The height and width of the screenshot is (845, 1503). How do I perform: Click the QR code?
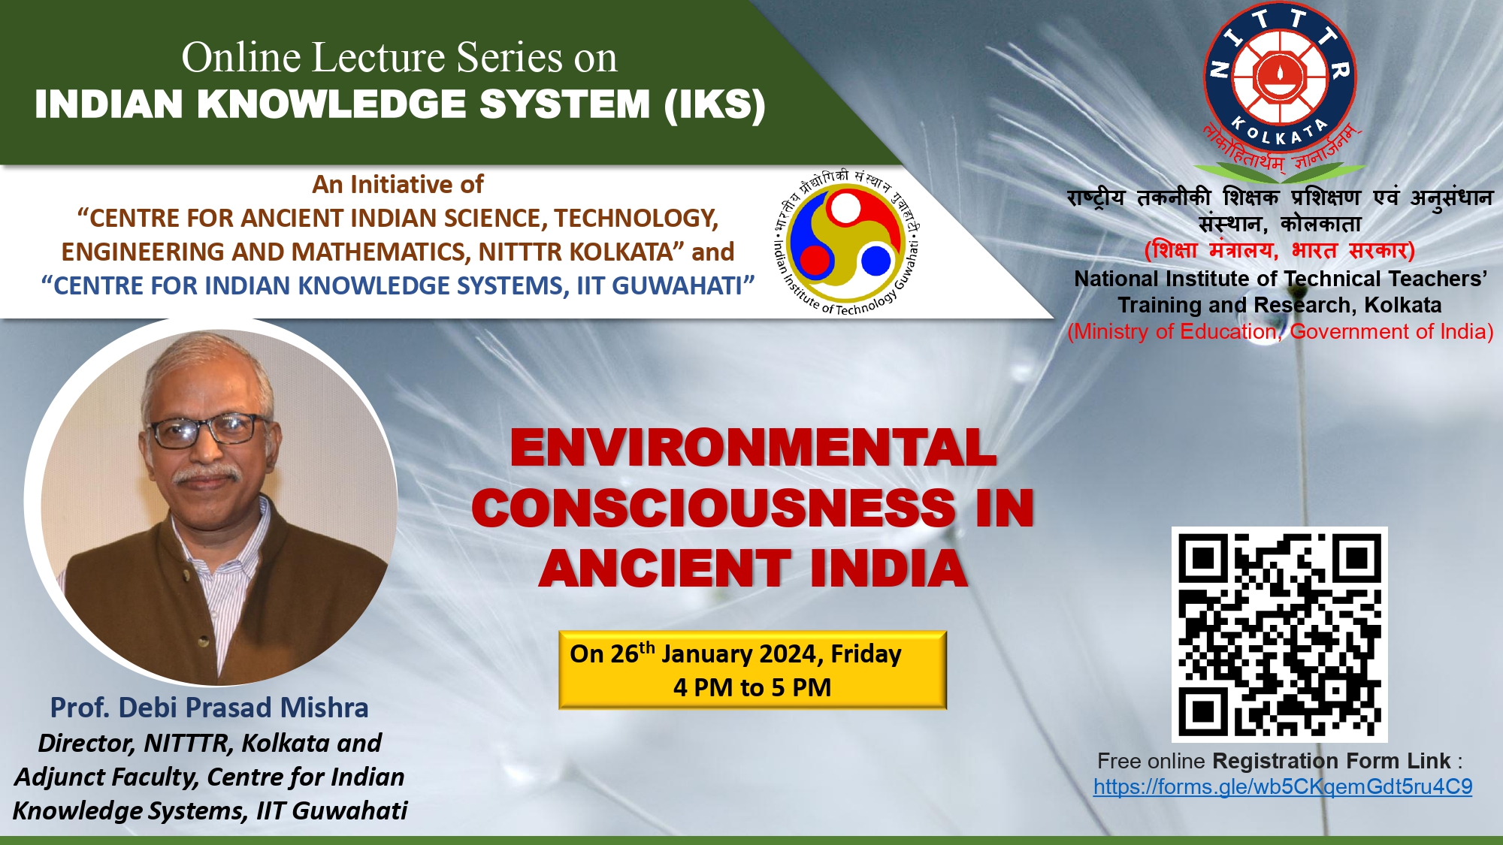[1279, 635]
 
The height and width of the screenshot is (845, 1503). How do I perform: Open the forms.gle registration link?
[1283, 786]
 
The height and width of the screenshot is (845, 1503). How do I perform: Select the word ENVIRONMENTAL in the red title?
[753, 448]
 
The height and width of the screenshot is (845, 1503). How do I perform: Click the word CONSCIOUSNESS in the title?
[714, 508]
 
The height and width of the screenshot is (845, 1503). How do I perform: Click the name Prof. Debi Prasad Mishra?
[209, 708]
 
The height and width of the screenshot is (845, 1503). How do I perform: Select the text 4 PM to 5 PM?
[752, 687]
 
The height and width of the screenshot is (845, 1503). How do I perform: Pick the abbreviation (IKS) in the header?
[715, 104]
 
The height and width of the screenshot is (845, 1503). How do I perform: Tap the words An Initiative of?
[398, 184]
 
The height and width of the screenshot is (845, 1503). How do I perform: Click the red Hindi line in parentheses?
[1279, 249]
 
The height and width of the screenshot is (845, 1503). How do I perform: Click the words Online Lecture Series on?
[400, 57]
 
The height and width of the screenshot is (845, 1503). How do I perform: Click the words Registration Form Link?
[1332, 761]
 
